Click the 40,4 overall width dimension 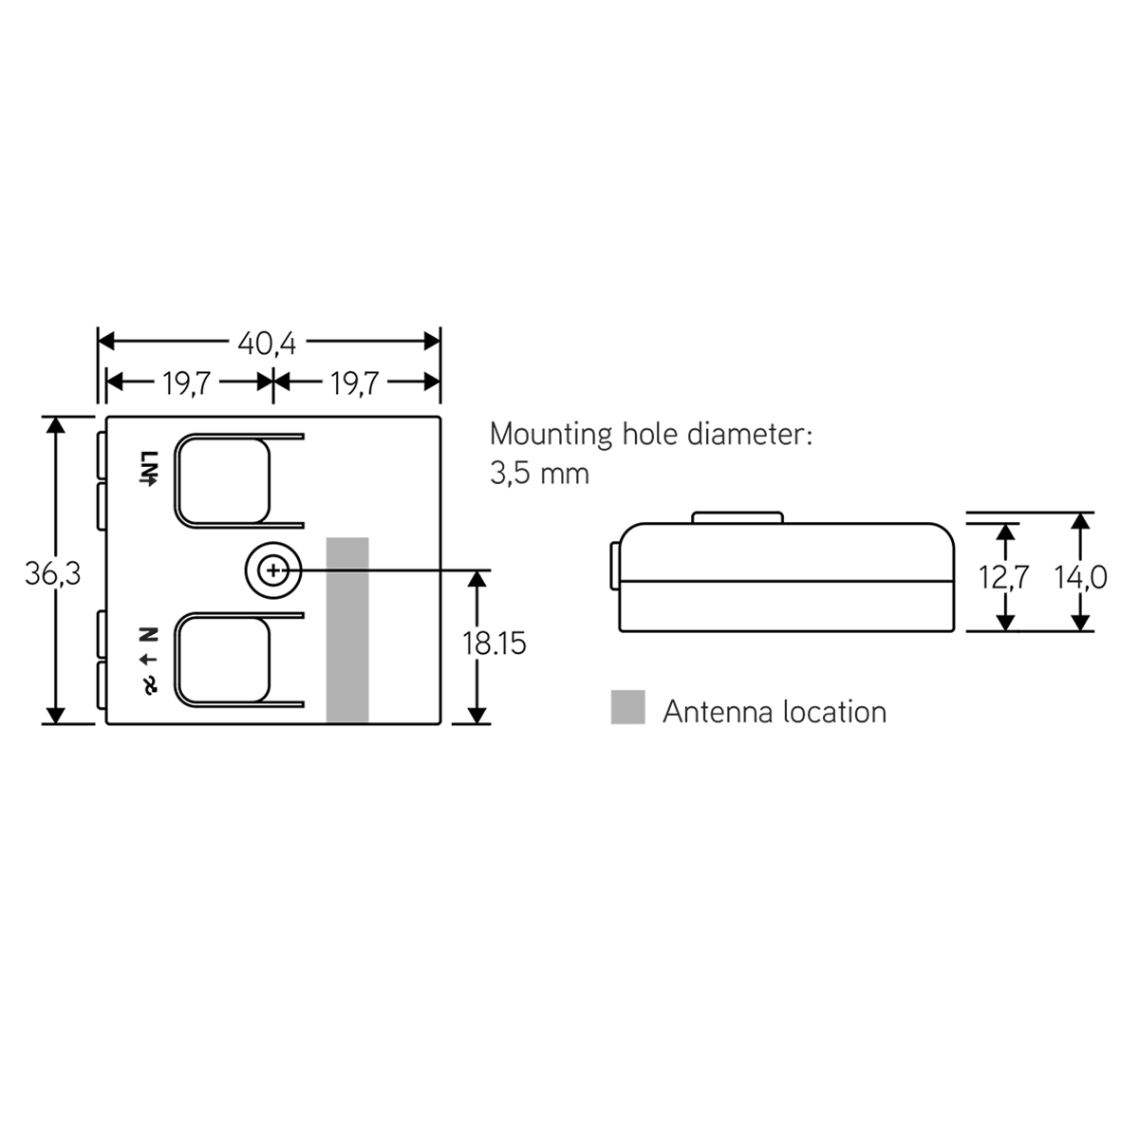point(267,343)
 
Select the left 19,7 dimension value point(187,383)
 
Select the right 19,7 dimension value point(355,383)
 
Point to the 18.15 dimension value point(494,644)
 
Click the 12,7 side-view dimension point(1003,576)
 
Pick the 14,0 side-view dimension point(1081,576)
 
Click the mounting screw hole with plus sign point(273,571)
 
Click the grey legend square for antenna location point(627,707)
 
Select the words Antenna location point(774,712)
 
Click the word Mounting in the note point(551,435)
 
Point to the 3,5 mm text point(539,474)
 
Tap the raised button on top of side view point(738,517)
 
